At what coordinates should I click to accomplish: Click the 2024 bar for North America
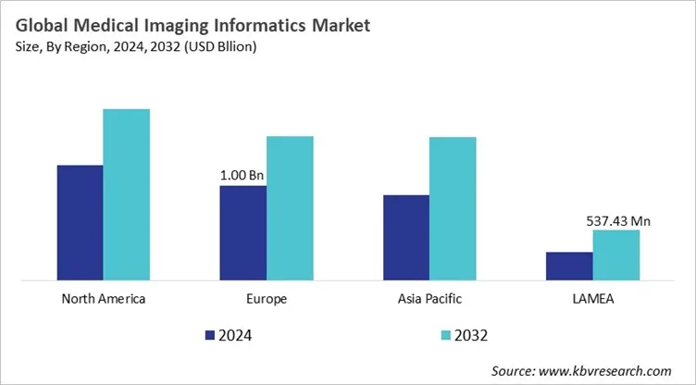80,222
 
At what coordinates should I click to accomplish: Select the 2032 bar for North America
126,194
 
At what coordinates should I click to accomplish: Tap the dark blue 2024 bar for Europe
242,232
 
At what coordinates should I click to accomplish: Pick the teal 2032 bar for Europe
290,207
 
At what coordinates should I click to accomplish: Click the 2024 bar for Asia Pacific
405,237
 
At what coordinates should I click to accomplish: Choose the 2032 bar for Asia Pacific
453,208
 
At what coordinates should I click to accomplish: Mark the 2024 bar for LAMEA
569,266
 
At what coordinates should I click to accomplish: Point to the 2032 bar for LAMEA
615,255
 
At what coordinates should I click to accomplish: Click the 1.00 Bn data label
242,174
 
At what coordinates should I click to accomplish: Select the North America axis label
103,299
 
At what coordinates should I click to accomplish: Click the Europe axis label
267,299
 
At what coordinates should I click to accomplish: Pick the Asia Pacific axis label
429,299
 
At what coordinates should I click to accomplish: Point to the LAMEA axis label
592,299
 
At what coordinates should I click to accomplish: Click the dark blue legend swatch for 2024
209,334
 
